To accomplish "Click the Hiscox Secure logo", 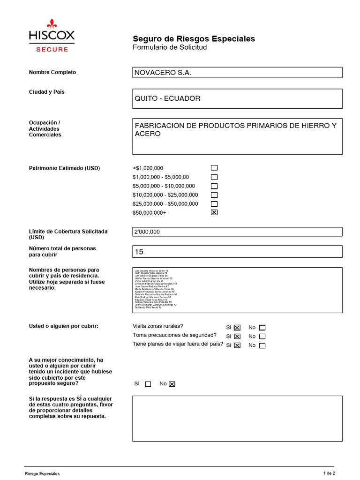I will (x=52, y=36).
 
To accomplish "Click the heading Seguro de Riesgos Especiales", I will (x=194, y=38).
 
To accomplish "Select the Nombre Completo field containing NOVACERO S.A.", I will (x=237, y=73).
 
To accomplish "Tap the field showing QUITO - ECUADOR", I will (x=237, y=98).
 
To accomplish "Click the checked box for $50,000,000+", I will (x=214, y=212).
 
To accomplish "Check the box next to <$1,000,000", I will (x=214, y=168).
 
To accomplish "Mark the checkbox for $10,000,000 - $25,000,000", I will (x=214, y=195).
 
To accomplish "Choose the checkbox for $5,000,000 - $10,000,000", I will (x=214, y=186).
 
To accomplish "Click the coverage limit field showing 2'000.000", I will (x=237, y=232).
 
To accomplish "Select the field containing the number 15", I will (x=237, y=252).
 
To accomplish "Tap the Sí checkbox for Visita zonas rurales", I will (x=237, y=328).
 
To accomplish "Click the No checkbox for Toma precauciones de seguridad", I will (x=262, y=337).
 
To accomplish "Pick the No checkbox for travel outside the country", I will (x=262, y=345).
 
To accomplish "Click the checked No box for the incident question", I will (x=172, y=384).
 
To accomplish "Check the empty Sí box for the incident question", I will (x=148, y=384).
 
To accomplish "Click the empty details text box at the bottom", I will (x=237, y=418).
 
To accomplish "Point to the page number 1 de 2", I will (x=330, y=473).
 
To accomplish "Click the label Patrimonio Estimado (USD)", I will (x=64, y=168).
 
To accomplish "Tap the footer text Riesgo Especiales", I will (x=42, y=474).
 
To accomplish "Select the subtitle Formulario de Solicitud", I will (x=170, y=47).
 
